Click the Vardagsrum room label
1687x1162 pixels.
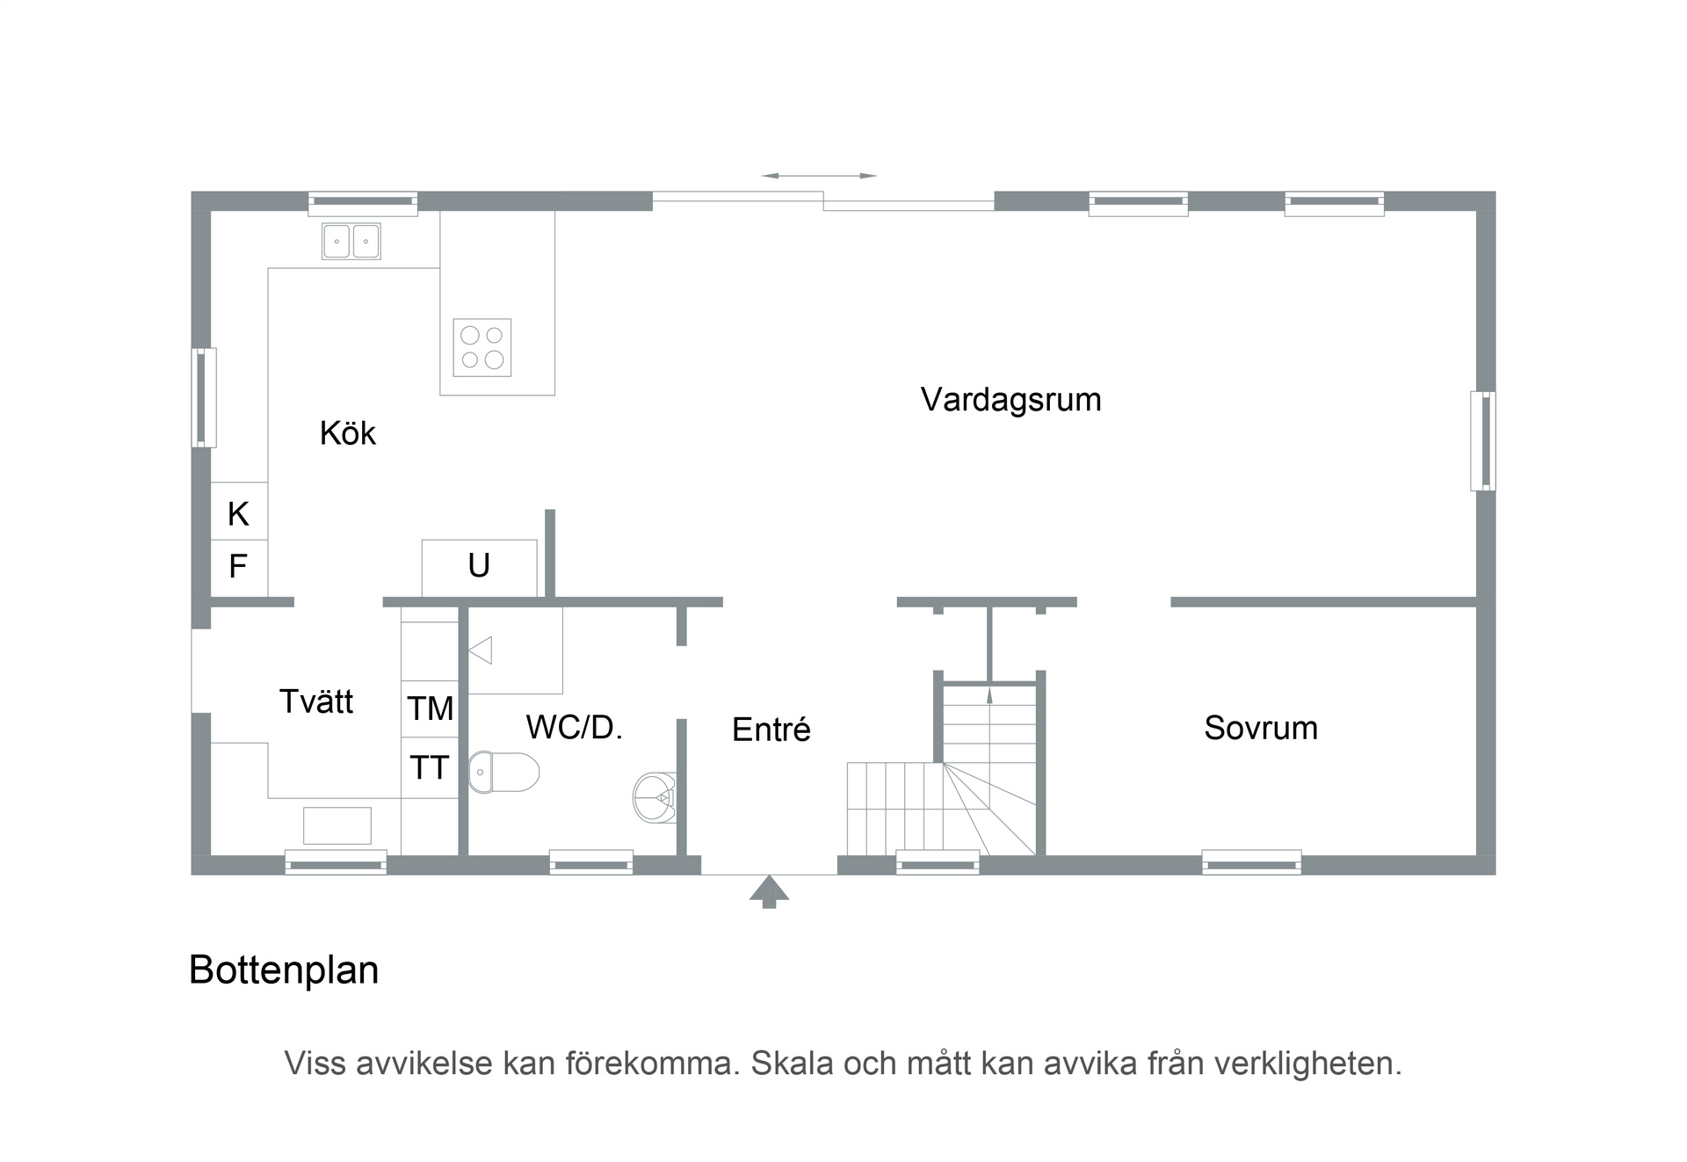[1010, 400]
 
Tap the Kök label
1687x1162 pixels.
[347, 433]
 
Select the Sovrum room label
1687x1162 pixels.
[1260, 729]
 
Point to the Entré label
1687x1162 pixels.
[771, 730]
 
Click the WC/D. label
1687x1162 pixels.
[574, 728]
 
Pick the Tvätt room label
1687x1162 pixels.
[315, 701]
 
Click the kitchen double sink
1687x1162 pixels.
[351, 241]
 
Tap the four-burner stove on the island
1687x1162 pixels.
[482, 347]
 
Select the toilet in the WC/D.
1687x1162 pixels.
[503, 772]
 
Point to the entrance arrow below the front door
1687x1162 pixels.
[769, 890]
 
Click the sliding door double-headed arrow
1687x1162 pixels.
[819, 176]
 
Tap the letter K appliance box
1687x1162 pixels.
[238, 513]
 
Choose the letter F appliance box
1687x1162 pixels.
[238, 567]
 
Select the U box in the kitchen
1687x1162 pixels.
[479, 567]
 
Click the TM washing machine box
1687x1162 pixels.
[430, 708]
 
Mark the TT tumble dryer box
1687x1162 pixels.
[430, 768]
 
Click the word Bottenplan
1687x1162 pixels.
[284, 970]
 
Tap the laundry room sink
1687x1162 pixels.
[337, 825]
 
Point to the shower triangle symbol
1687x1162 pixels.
[481, 650]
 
